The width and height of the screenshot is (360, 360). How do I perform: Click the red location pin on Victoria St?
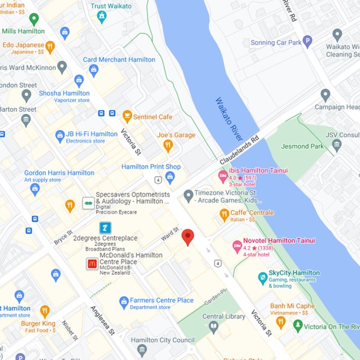pos(188,237)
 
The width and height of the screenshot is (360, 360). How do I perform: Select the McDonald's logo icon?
pos(92,263)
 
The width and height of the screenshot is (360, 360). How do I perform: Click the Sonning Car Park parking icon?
pos(307,42)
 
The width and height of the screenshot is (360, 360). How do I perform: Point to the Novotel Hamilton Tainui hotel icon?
pos(236,247)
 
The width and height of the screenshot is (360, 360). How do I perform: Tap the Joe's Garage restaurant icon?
pos(169,145)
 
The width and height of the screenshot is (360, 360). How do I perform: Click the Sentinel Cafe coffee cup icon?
pos(127,116)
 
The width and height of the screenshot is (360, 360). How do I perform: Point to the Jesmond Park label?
pos(303,146)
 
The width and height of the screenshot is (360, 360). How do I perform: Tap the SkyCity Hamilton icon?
pos(262,278)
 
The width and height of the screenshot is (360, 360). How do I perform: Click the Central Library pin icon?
pos(214,327)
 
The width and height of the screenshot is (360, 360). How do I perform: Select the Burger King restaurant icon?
pos(45,311)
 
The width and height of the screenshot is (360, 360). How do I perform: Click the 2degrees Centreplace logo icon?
pos(105,227)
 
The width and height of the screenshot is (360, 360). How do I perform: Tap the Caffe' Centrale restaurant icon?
pos(224,214)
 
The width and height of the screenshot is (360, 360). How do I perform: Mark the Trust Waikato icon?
pos(101,17)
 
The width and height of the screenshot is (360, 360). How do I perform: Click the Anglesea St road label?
pos(102,322)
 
